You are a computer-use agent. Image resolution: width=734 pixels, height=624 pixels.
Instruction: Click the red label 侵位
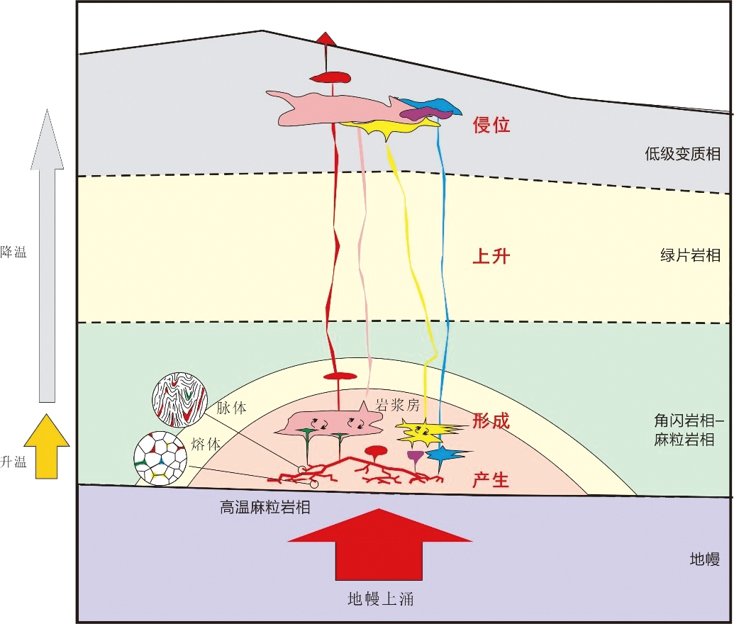tap(491, 126)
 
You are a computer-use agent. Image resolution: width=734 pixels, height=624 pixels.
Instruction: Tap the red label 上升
tap(491, 257)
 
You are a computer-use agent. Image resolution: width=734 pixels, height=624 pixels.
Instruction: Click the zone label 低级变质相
tap(682, 152)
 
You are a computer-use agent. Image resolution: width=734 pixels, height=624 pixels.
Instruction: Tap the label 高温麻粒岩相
tap(265, 507)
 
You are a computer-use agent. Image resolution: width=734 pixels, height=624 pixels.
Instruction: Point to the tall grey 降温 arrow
tap(47, 255)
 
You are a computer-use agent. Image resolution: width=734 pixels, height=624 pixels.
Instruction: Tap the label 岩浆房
tap(399, 406)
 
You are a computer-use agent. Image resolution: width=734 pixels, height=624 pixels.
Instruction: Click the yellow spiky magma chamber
tap(423, 430)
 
